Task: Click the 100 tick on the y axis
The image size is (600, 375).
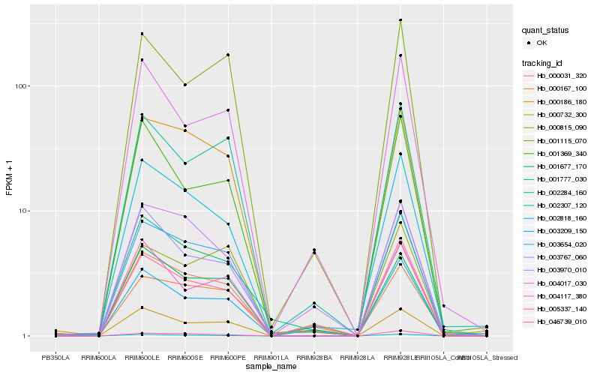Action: (20, 86)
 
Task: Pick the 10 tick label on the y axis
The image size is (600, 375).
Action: (22, 211)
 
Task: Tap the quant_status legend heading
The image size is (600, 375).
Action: (547, 30)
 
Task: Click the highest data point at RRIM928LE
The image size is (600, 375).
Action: (400, 20)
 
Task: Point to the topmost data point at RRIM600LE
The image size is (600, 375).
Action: (142, 34)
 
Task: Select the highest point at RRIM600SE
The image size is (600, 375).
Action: (184, 85)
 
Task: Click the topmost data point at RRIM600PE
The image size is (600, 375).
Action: (228, 55)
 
